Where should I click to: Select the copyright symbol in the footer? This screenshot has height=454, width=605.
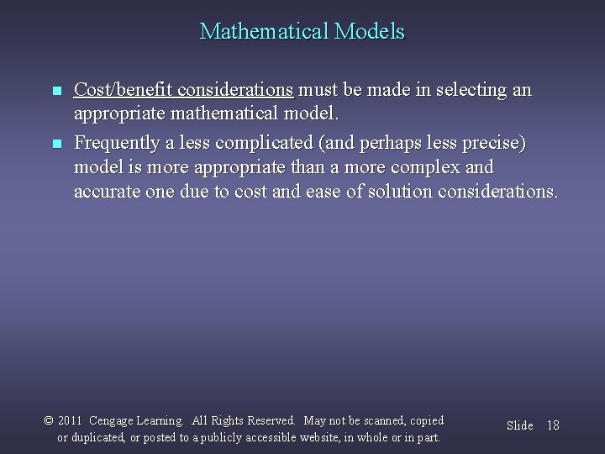coord(48,420)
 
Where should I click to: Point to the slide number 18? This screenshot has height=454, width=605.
coord(552,425)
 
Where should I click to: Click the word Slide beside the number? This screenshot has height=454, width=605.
coord(519,425)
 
